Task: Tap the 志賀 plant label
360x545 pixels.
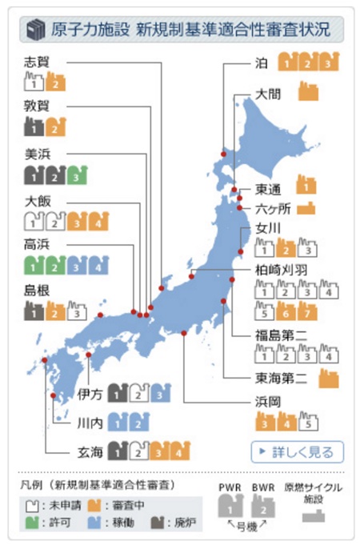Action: coord(36,62)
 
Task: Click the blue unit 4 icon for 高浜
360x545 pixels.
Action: coord(97,265)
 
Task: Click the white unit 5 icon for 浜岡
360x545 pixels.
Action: coord(309,421)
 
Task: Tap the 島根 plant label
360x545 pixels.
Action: coord(36,291)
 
